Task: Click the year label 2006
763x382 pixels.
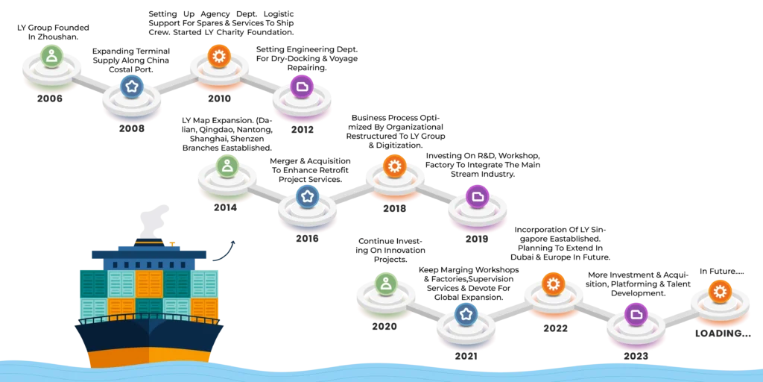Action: [x=50, y=99]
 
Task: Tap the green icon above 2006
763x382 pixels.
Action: [x=51, y=55]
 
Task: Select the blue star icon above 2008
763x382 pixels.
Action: [x=132, y=87]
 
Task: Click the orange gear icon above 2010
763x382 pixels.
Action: [x=219, y=55]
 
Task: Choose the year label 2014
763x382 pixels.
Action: [x=225, y=207]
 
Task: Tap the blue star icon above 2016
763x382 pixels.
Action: [x=308, y=197]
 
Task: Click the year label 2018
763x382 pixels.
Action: [x=394, y=209]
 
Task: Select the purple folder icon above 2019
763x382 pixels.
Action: [x=478, y=197]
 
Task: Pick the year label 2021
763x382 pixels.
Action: [x=466, y=356]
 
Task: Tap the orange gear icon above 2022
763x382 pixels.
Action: [x=554, y=284]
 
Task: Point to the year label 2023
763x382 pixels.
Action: [x=636, y=356]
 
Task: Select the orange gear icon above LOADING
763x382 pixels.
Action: [x=720, y=292]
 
